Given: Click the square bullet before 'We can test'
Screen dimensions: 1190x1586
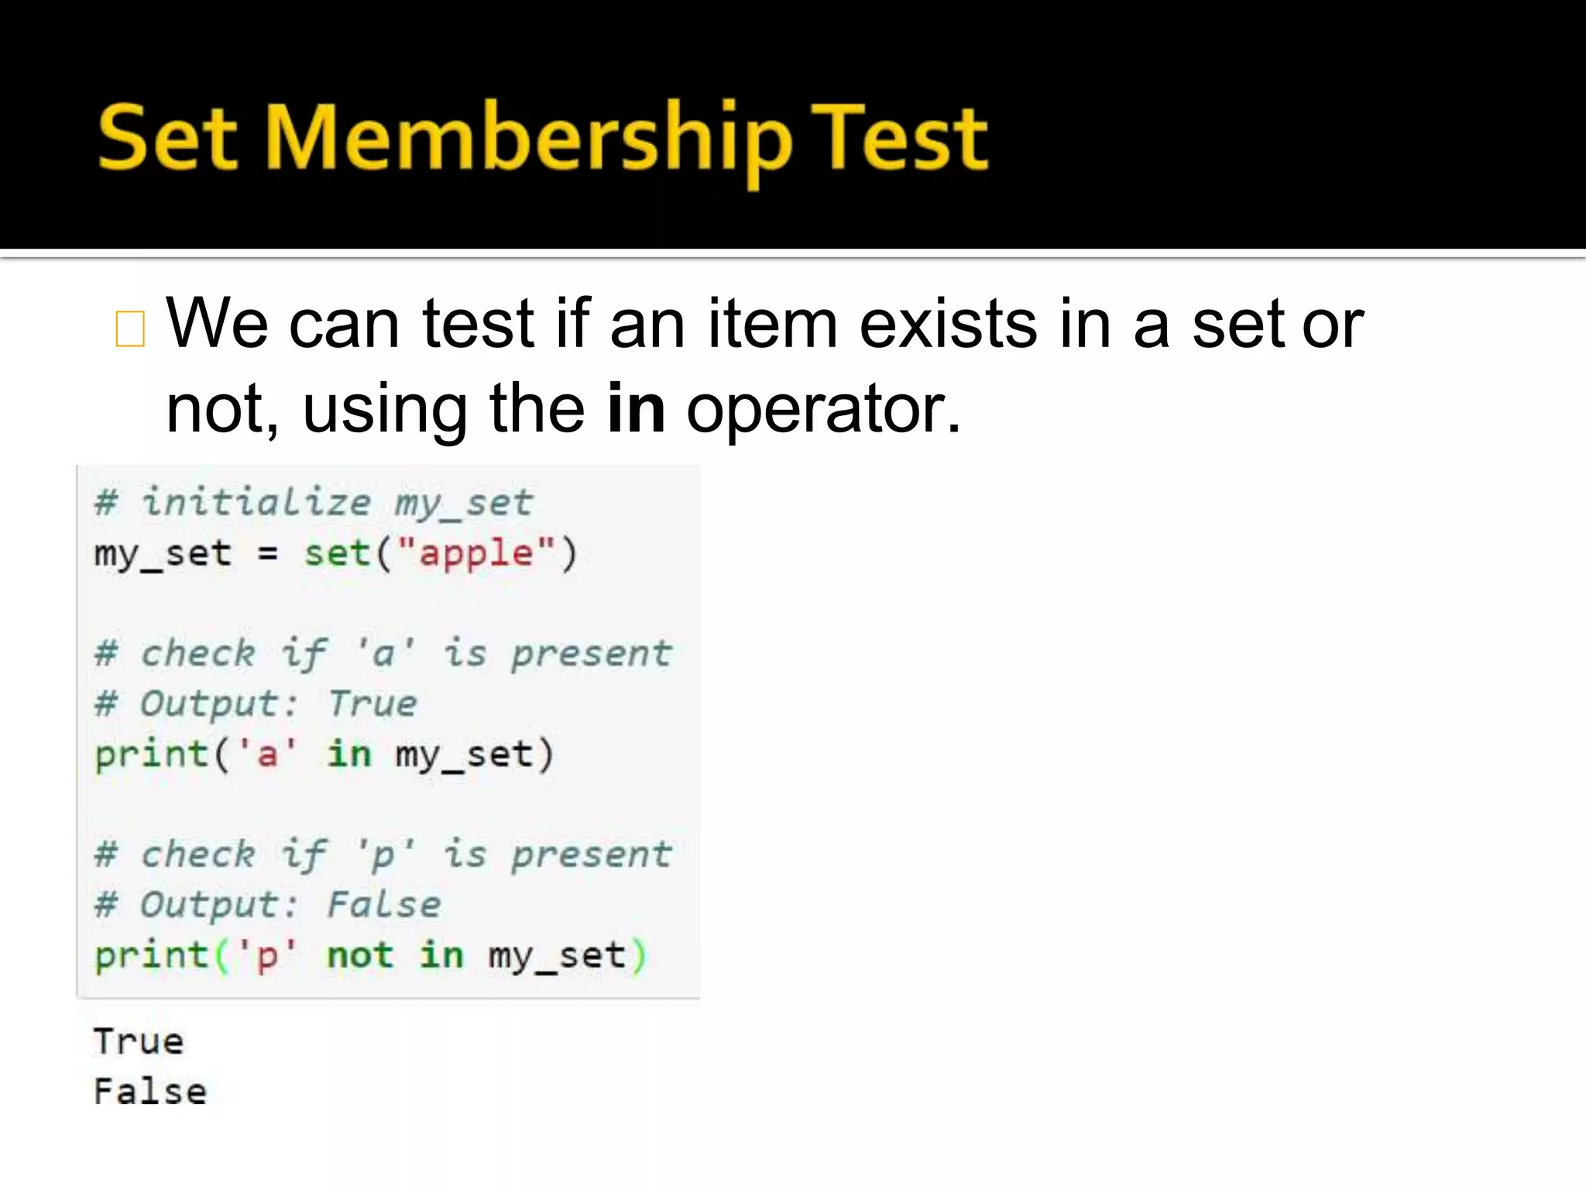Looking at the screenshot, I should point(129,328).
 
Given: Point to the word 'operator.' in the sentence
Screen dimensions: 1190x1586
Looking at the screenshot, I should point(823,409).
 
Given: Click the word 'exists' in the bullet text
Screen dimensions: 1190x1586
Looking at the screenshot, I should point(948,324).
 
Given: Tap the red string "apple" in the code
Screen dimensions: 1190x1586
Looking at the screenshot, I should point(476,553).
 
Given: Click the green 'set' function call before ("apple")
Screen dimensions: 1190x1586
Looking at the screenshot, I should point(337,553).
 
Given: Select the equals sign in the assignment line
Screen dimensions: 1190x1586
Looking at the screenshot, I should point(267,554).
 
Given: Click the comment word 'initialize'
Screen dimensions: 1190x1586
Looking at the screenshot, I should point(256,502).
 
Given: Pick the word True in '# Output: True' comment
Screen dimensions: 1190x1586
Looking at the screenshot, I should point(372,703).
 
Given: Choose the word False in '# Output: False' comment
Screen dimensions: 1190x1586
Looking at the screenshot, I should point(383,904).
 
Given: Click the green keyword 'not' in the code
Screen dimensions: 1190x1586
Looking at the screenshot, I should point(360,954).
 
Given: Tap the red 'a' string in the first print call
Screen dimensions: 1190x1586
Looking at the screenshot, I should point(267,754).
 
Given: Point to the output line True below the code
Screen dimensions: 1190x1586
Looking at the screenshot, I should point(139,1041).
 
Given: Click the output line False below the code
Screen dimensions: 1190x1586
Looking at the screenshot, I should point(150,1092).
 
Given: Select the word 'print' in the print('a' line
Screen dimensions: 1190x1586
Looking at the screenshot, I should point(151,755).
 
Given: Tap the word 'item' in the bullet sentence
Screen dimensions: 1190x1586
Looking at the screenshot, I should point(772,324).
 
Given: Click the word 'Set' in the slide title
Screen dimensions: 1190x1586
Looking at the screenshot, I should point(167,139).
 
